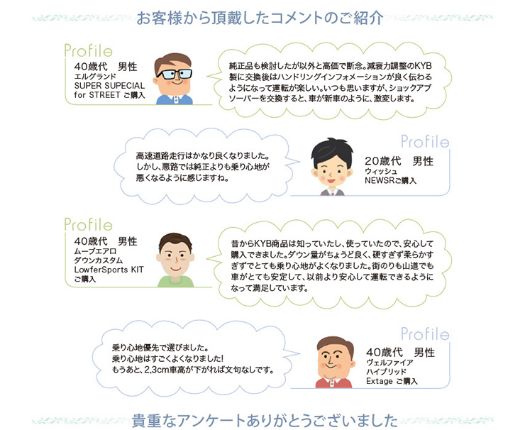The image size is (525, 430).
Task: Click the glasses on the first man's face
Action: (174, 74)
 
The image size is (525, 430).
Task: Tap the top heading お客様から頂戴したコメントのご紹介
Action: (260, 18)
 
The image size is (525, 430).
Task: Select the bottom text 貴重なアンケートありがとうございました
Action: (265, 421)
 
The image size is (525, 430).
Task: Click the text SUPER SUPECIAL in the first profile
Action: (109, 85)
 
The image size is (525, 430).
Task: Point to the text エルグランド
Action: (95, 77)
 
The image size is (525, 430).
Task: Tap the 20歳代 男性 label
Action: (399, 161)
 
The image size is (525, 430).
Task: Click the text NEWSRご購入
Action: (390, 180)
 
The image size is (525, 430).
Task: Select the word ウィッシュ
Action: (381, 171)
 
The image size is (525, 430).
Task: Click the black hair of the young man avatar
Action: (332, 150)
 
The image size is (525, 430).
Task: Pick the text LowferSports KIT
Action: (109, 270)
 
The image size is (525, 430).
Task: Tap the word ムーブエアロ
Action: (95, 251)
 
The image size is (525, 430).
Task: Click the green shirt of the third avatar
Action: (176, 282)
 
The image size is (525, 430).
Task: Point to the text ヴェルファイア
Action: (389, 363)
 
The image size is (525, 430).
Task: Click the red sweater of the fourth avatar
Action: (333, 383)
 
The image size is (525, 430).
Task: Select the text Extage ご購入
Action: (392, 381)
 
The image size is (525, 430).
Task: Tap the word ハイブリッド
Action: (386, 372)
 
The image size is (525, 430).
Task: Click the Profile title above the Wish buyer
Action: (425, 142)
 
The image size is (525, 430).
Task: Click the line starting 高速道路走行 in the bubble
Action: (203, 155)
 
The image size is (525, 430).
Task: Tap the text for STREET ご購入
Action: (109, 95)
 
